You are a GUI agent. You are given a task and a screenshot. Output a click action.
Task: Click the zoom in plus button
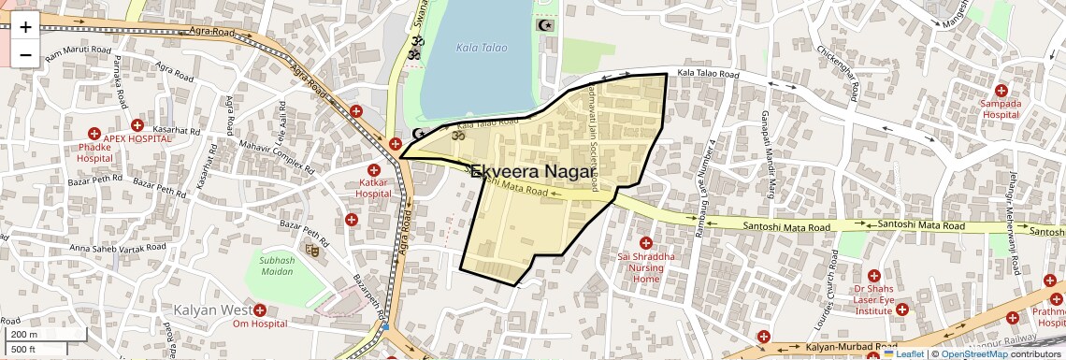point(25,26)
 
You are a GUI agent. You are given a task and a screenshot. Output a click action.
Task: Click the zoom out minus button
point(25,55)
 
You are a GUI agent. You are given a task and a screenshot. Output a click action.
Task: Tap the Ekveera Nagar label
point(531,171)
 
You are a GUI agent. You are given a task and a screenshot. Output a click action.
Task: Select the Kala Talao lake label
point(479,47)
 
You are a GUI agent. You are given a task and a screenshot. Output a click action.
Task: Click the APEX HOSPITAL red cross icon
point(137,125)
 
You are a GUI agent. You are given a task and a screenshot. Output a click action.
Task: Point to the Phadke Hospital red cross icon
point(94,134)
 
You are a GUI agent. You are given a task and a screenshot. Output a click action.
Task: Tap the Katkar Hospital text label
point(372,187)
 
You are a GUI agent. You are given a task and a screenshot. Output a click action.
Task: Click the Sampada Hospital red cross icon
point(1001,91)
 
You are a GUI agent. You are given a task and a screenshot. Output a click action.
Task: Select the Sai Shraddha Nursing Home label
point(645,266)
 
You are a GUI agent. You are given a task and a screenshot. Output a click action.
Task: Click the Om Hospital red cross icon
point(259,310)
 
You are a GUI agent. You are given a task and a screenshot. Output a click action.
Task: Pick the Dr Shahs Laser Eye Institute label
point(873,298)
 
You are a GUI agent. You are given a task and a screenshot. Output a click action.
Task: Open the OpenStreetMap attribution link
point(974,353)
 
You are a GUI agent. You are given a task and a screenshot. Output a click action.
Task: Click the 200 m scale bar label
point(24,335)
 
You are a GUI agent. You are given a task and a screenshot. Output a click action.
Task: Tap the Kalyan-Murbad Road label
point(844,347)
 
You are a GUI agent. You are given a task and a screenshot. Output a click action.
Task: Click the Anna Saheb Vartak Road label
point(118,248)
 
